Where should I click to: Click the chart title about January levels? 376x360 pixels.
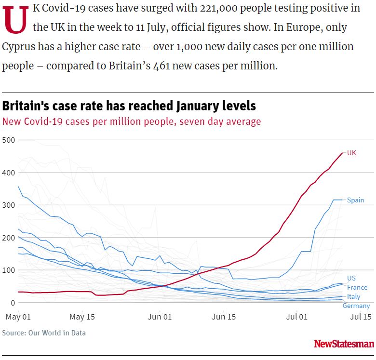[x=129, y=106]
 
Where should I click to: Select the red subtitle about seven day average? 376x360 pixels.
[x=132, y=121]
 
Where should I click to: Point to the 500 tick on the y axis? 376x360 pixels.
[x=9, y=140]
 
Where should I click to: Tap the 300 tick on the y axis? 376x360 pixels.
[x=9, y=205]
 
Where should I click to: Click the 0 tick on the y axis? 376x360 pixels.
[x=13, y=303]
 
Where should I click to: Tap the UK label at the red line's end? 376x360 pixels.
[x=351, y=153]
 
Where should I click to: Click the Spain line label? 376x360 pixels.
[x=355, y=200]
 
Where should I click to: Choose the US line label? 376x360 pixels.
[x=351, y=279]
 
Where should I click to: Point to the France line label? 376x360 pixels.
[x=357, y=287]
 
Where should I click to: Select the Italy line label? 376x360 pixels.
[x=353, y=296]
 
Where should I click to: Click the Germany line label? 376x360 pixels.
[x=356, y=306]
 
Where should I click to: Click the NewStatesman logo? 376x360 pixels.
[x=344, y=344]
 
